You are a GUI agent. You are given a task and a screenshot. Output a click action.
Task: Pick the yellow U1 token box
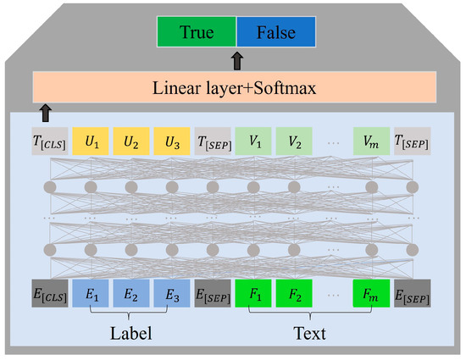[x=89, y=140]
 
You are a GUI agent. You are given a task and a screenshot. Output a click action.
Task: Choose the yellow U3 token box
[x=170, y=140]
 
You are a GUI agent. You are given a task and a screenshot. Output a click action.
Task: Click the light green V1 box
[x=253, y=140]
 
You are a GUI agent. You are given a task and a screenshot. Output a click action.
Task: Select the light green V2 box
[x=294, y=140]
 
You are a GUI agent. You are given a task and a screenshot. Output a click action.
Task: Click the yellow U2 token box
[x=130, y=140]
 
